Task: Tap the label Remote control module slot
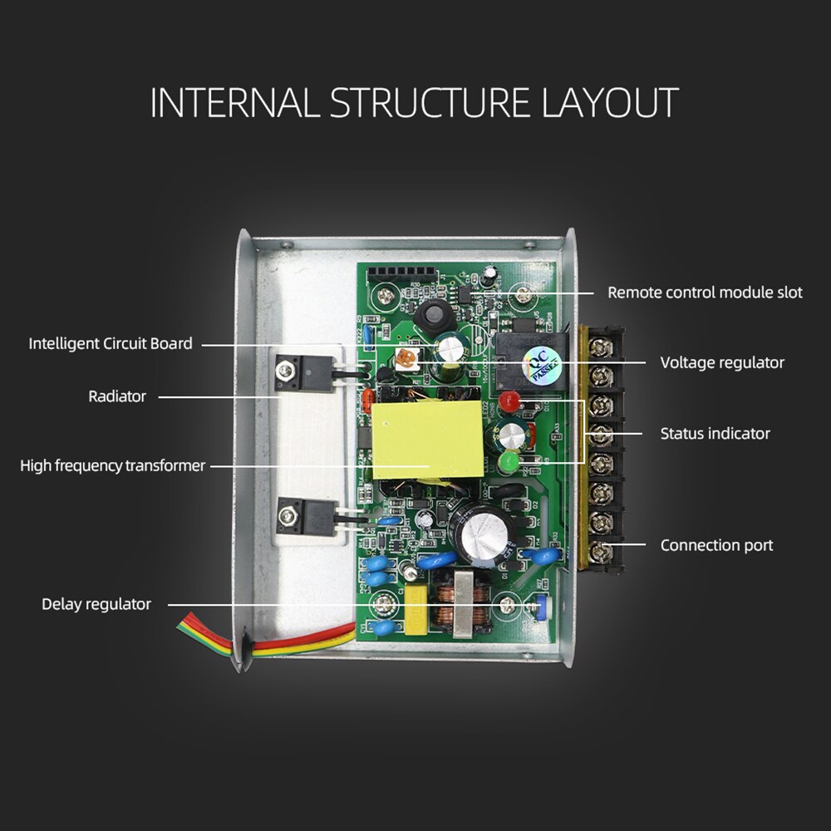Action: (705, 293)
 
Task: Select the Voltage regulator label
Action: (721, 362)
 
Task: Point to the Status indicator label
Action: (715, 433)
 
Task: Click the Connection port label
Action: (716, 545)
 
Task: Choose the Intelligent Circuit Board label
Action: (111, 343)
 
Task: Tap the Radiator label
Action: (117, 396)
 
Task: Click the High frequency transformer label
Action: (112, 465)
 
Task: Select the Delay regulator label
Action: (96, 604)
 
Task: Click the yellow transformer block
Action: (427, 440)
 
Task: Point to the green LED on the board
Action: (508, 461)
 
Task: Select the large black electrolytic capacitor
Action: (481, 528)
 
